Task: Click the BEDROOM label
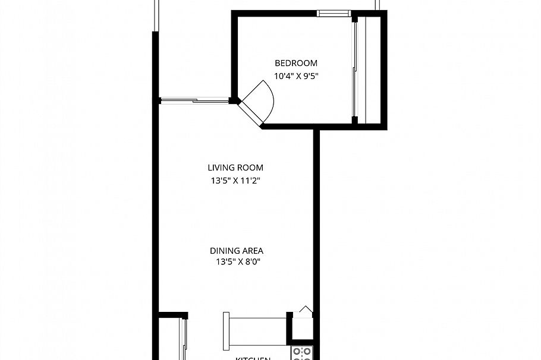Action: pos(295,63)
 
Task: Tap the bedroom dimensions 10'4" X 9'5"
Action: pos(295,76)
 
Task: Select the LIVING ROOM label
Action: pos(235,168)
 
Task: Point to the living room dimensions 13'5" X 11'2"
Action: pos(235,181)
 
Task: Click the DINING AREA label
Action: pos(236,251)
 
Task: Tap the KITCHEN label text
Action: pos(254,358)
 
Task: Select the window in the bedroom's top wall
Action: pos(334,13)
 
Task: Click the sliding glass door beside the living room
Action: pos(194,101)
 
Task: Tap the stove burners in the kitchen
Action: pos(302,353)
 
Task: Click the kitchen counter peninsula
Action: pos(258,331)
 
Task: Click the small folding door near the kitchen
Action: pos(305,310)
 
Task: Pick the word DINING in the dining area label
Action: pos(224,251)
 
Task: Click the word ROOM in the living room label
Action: pos(250,168)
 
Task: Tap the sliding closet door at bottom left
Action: pos(183,339)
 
